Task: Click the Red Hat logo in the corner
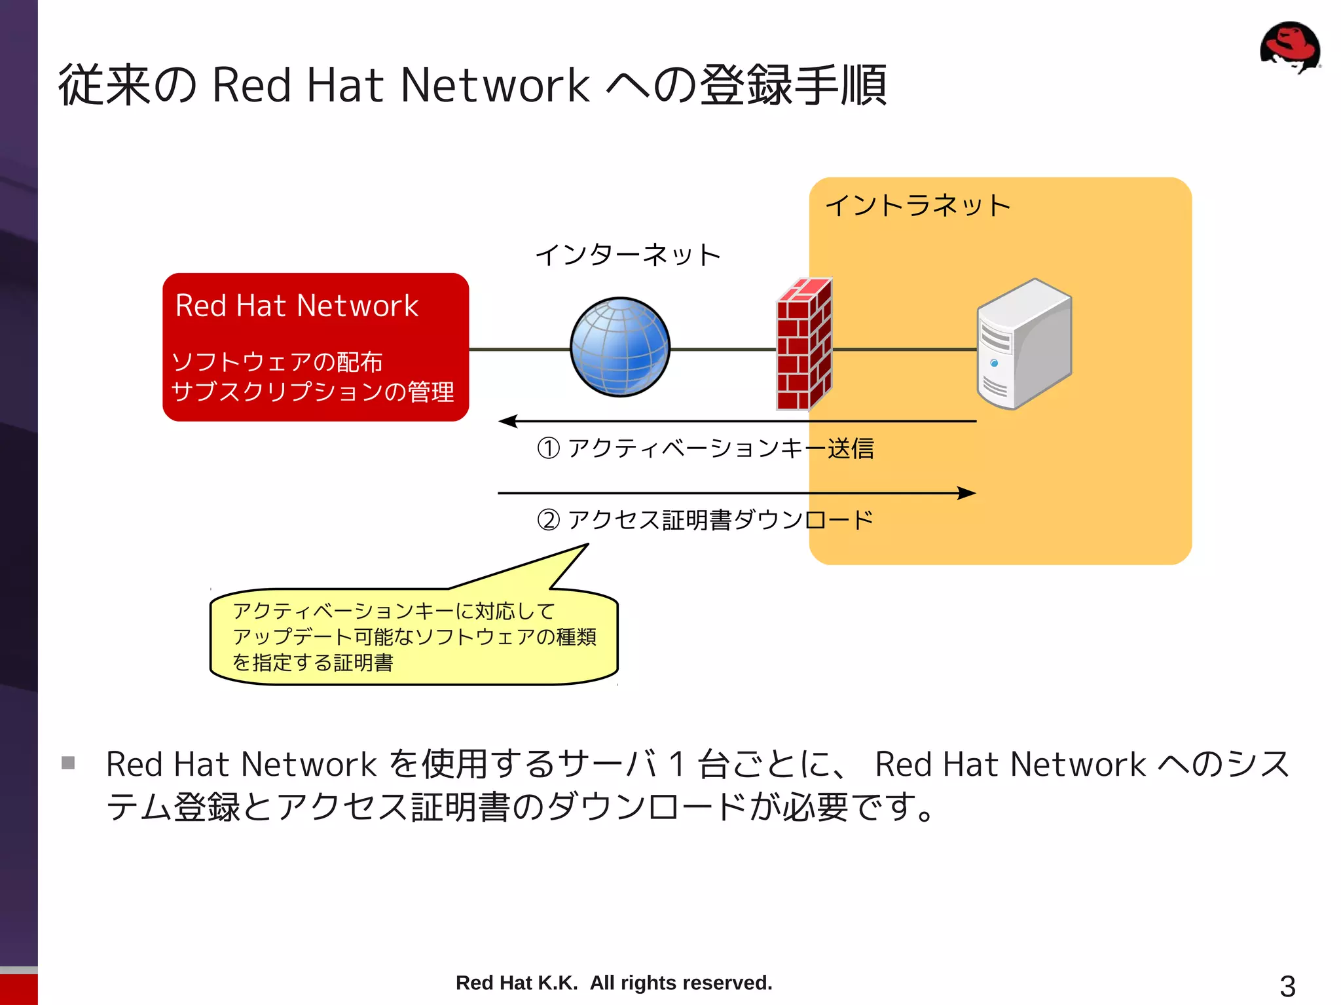(x=1289, y=48)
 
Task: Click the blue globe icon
(x=619, y=347)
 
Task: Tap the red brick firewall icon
(x=803, y=345)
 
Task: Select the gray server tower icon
(x=1023, y=344)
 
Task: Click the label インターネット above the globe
(x=627, y=255)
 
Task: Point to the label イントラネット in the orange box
(x=917, y=206)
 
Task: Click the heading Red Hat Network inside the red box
(x=297, y=306)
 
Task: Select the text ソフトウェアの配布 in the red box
(x=276, y=361)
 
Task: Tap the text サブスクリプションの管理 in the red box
(x=312, y=392)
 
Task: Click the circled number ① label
(x=548, y=448)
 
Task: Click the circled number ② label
(x=548, y=520)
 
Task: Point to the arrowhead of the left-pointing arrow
(x=507, y=421)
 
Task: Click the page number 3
(x=1287, y=986)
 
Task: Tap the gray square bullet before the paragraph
(x=68, y=763)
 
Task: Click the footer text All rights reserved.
(x=681, y=983)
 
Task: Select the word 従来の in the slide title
(x=128, y=85)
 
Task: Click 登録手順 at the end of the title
(x=794, y=85)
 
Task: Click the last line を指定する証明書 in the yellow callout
(x=313, y=663)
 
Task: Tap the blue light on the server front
(x=994, y=363)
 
